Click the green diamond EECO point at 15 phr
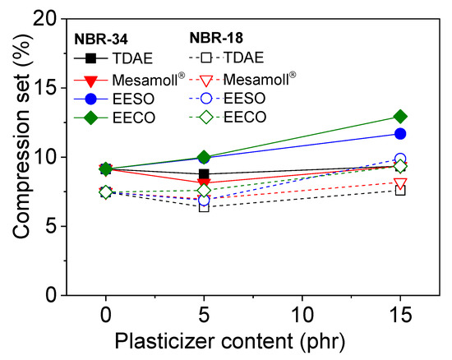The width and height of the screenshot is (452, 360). coord(400,117)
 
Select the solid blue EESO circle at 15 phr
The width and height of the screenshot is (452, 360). coord(400,134)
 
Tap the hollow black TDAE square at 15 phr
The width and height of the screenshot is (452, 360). coord(400,190)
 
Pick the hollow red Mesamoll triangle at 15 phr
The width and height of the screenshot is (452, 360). coord(400,182)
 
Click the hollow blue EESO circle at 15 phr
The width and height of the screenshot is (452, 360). coord(400,159)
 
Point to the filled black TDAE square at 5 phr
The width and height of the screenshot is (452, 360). coord(204,174)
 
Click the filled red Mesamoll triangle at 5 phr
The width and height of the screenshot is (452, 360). coord(204,182)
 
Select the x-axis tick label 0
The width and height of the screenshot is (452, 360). coord(105,316)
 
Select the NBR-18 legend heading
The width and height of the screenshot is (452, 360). coord(212,38)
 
